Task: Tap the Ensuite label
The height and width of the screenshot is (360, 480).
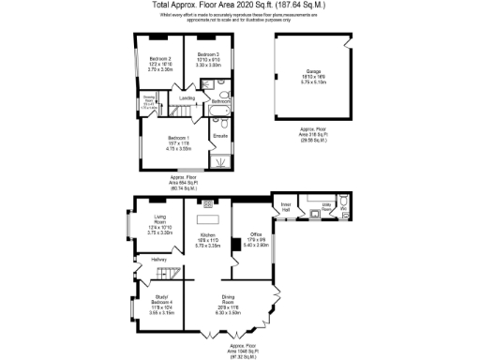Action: pyautogui.click(x=220, y=136)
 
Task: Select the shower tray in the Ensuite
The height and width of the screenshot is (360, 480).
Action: pyautogui.click(x=220, y=158)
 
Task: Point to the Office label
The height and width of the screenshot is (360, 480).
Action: pyautogui.click(x=254, y=234)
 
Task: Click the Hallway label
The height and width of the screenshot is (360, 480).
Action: pyautogui.click(x=147, y=260)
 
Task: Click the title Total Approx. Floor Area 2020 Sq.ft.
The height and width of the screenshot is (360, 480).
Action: pyautogui.click(x=240, y=5)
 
